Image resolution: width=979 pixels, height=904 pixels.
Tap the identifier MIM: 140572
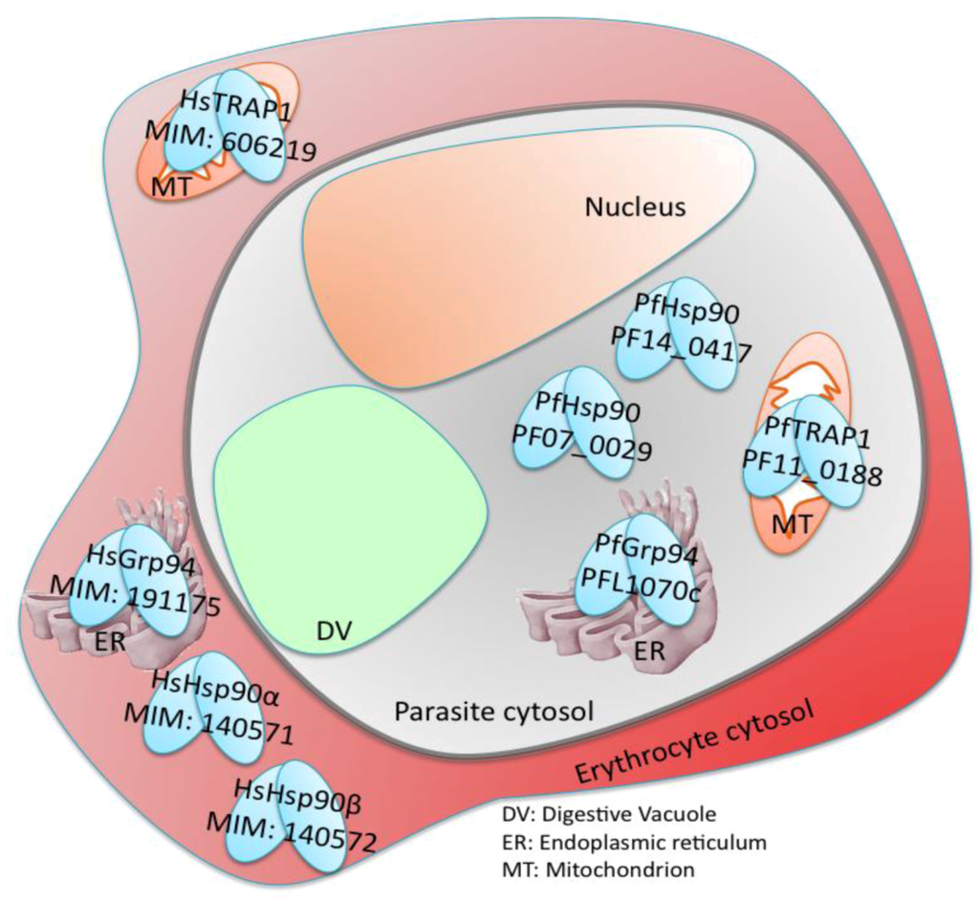tap(293, 827)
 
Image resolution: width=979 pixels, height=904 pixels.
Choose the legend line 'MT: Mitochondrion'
tap(598, 870)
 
